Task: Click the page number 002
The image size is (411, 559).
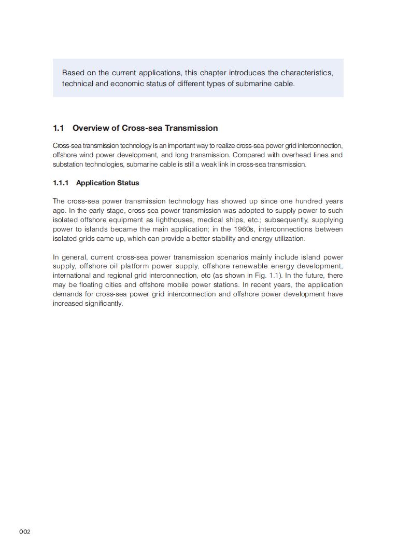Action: click(x=25, y=531)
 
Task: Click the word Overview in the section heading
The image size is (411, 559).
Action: click(x=90, y=128)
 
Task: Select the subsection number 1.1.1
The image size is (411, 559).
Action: click(x=61, y=183)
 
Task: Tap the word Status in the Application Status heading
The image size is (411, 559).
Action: click(x=127, y=183)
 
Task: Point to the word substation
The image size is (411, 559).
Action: click(x=68, y=165)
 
